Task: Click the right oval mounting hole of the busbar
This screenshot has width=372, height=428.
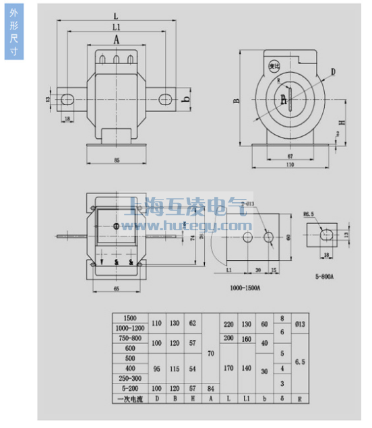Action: [165, 100]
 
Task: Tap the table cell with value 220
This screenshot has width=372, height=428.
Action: [228, 323]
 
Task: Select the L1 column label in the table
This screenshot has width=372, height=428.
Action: [246, 399]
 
